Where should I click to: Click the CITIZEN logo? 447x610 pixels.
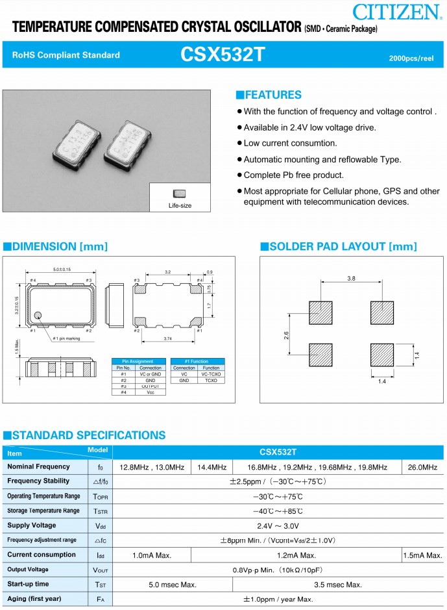tap(398, 11)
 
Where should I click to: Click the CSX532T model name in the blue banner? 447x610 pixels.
tap(223, 55)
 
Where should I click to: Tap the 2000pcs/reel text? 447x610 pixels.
tap(411, 58)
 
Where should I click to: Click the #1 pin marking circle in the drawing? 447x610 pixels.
tap(38, 316)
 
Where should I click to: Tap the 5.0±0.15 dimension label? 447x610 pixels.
tap(62, 270)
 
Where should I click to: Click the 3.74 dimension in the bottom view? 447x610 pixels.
tap(168, 338)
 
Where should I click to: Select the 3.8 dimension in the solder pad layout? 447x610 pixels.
tap(351, 278)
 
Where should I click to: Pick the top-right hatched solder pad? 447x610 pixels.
tap(382, 311)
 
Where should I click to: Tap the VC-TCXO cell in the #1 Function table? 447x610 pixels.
tap(211, 374)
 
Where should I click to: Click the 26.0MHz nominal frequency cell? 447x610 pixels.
tap(422, 467)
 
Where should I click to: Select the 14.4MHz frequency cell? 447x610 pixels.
tap(211, 467)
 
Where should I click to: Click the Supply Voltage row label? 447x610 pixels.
tap(32, 525)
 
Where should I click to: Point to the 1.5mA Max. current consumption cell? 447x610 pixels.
tap(422, 555)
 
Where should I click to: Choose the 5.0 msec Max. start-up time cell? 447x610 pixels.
tap(173, 585)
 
